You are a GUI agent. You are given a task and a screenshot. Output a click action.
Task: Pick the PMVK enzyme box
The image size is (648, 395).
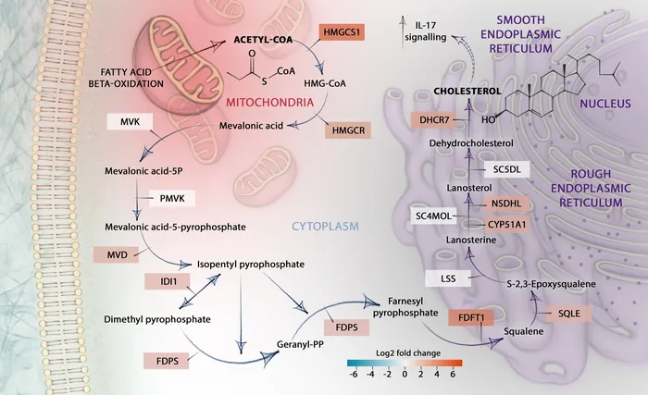coord(169,199)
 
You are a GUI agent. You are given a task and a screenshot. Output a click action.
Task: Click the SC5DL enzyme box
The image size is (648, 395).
coord(506,169)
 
